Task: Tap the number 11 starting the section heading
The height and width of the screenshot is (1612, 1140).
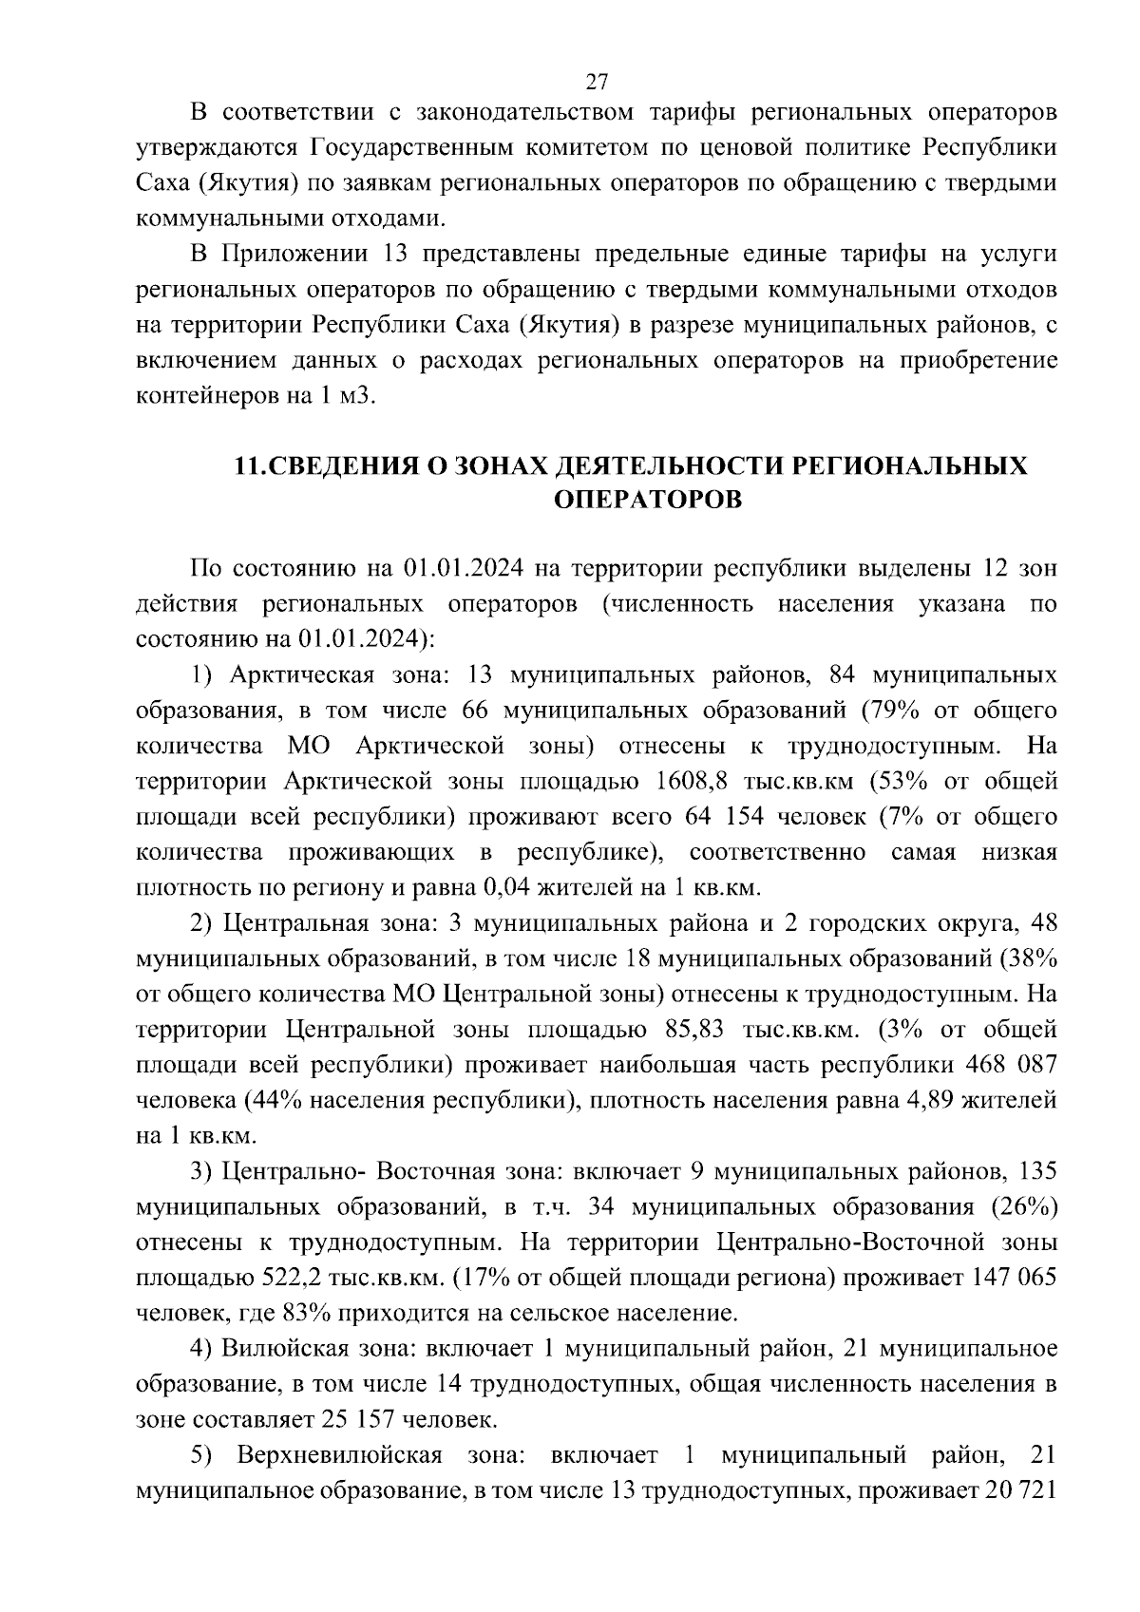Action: [x=246, y=465]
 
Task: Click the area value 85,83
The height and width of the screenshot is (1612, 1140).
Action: [x=681, y=1030]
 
